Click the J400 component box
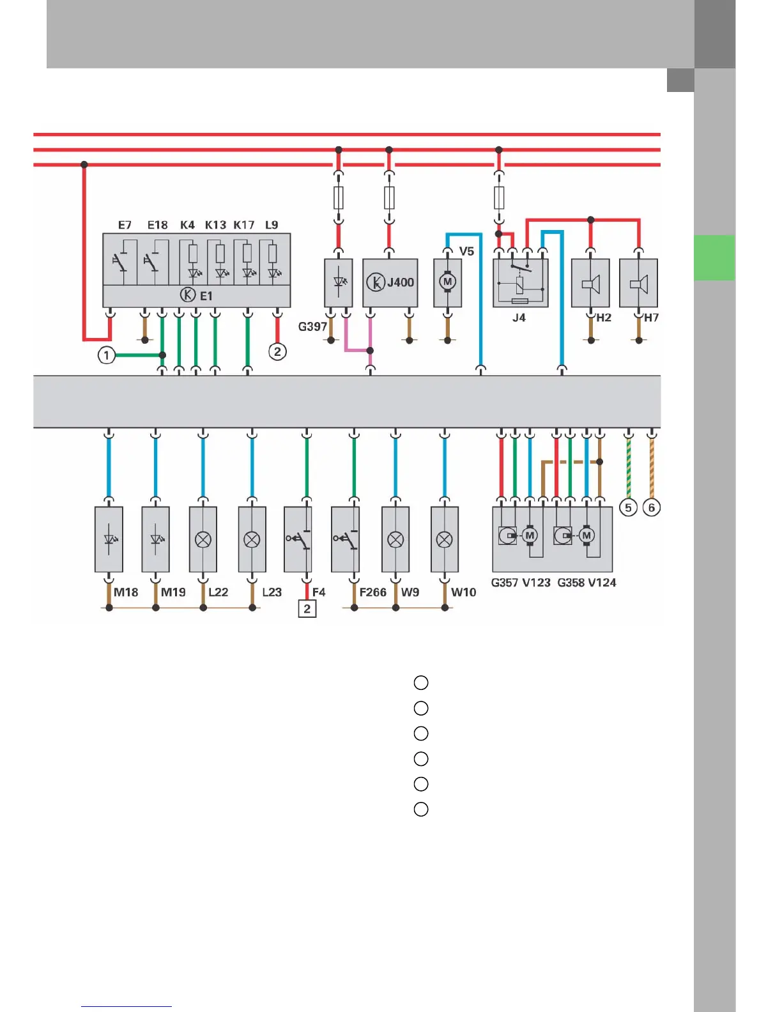point(390,282)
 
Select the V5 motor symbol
point(448,282)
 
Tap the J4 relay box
point(520,282)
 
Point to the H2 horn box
point(590,282)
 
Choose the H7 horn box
point(638,282)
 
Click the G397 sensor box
point(338,282)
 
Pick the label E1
point(206,296)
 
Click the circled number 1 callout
point(107,355)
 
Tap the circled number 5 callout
point(628,507)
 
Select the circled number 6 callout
point(652,507)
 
